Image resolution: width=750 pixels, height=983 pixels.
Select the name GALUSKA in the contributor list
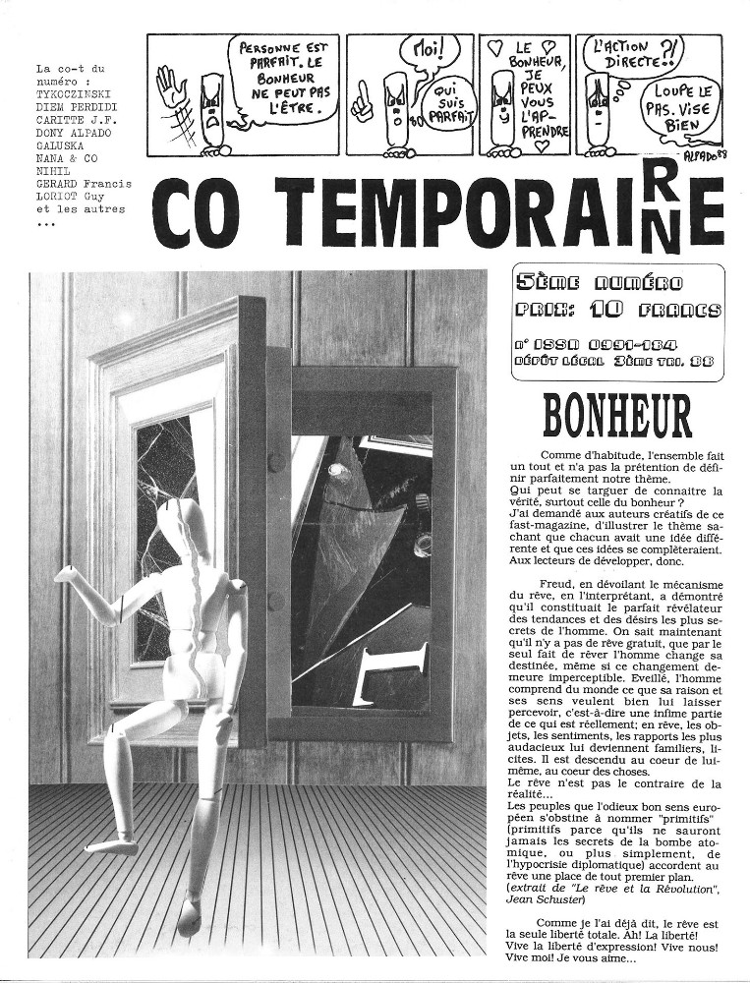pyautogui.click(x=62, y=143)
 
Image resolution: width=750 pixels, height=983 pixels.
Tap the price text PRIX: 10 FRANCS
pyautogui.click(x=618, y=310)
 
